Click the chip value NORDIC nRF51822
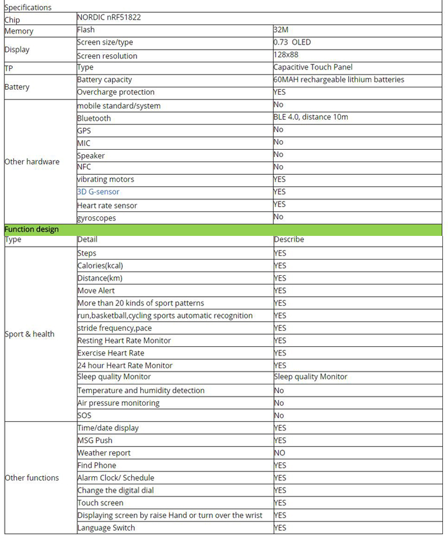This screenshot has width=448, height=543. [x=109, y=17]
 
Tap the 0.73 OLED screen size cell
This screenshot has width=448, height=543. [x=292, y=43]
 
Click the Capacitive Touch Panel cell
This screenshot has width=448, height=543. [x=313, y=67]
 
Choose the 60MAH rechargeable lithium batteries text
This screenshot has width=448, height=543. [x=339, y=80]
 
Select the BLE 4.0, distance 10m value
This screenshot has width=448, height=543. [x=311, y=118]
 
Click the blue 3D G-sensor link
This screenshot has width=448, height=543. [x=98, y=192]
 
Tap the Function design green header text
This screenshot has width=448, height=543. [x=31, y=229]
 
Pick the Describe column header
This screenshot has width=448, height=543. [x=289, y=240]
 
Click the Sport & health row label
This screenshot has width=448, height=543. [x=30, y=335]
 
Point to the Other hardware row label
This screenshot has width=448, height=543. [x=32, y=162]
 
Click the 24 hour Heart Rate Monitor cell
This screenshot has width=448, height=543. [x=125, y=365]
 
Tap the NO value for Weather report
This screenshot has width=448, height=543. [x=279, y=453]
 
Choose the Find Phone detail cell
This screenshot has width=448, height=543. [x=97, y=465]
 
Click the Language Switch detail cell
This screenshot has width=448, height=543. [x=106, y=528]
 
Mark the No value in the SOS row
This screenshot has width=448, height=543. [x=279, y=415]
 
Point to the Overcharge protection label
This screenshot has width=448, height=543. [x=115, y=92]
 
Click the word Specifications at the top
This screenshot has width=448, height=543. [x=28, y=7]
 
